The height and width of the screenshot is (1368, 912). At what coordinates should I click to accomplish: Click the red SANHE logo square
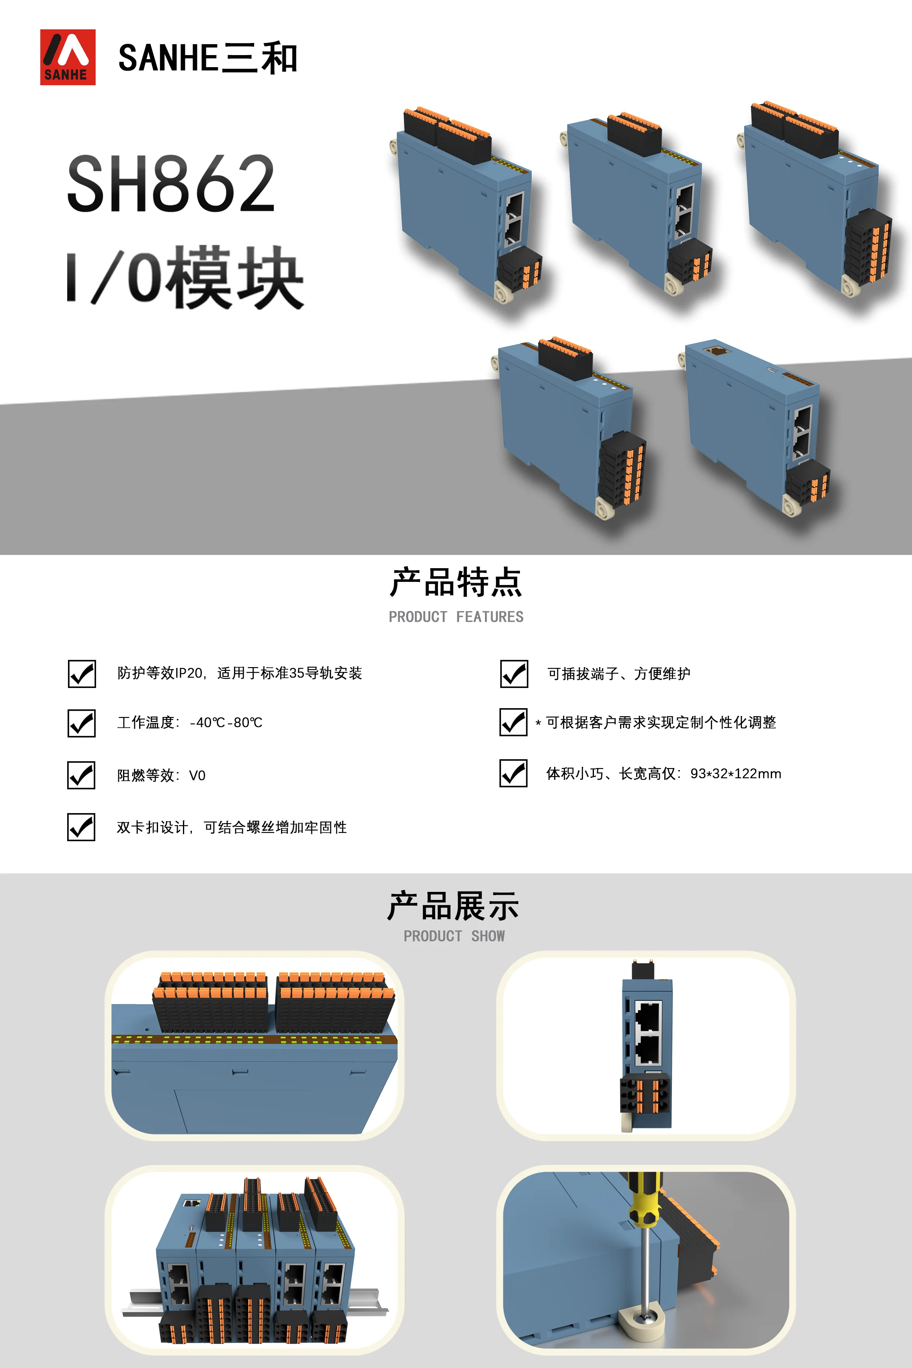tap(68, 57)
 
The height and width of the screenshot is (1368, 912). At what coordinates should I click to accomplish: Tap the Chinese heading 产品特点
tap(456, 582)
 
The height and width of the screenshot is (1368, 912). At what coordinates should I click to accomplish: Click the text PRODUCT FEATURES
tap(456, 616)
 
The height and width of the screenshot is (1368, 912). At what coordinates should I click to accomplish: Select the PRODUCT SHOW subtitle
tap(454, 936)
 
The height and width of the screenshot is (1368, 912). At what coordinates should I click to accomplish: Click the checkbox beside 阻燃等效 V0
tap(81, 775)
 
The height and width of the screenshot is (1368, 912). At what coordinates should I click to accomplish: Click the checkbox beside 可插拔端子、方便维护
tap(514, 674)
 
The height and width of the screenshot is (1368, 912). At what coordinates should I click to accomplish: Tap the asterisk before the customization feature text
tap(538, 723)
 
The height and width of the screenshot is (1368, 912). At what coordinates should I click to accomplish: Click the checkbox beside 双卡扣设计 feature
tap(81, 827)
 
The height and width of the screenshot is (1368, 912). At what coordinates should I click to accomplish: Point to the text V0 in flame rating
tap(197, 775)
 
